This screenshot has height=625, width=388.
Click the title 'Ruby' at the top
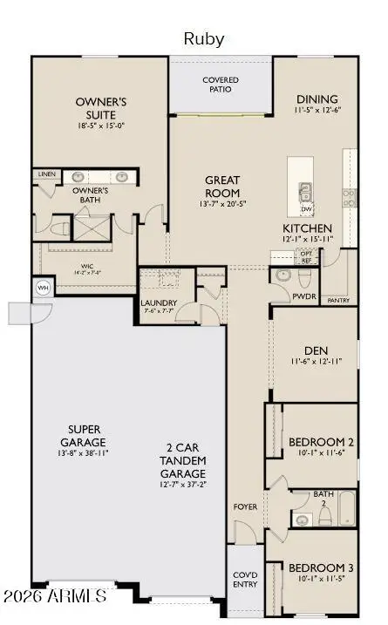coord(203,39)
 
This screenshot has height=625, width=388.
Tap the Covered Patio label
coord(221,85)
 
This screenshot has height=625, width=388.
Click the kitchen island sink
coord(305,192)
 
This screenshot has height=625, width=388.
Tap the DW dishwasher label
coord(305,209)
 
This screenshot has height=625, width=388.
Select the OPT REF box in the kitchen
coord(305,256)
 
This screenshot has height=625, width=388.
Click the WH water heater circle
coord(42,288)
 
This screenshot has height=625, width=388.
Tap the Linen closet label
coord(47,174)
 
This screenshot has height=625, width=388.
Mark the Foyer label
coord(245,506)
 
